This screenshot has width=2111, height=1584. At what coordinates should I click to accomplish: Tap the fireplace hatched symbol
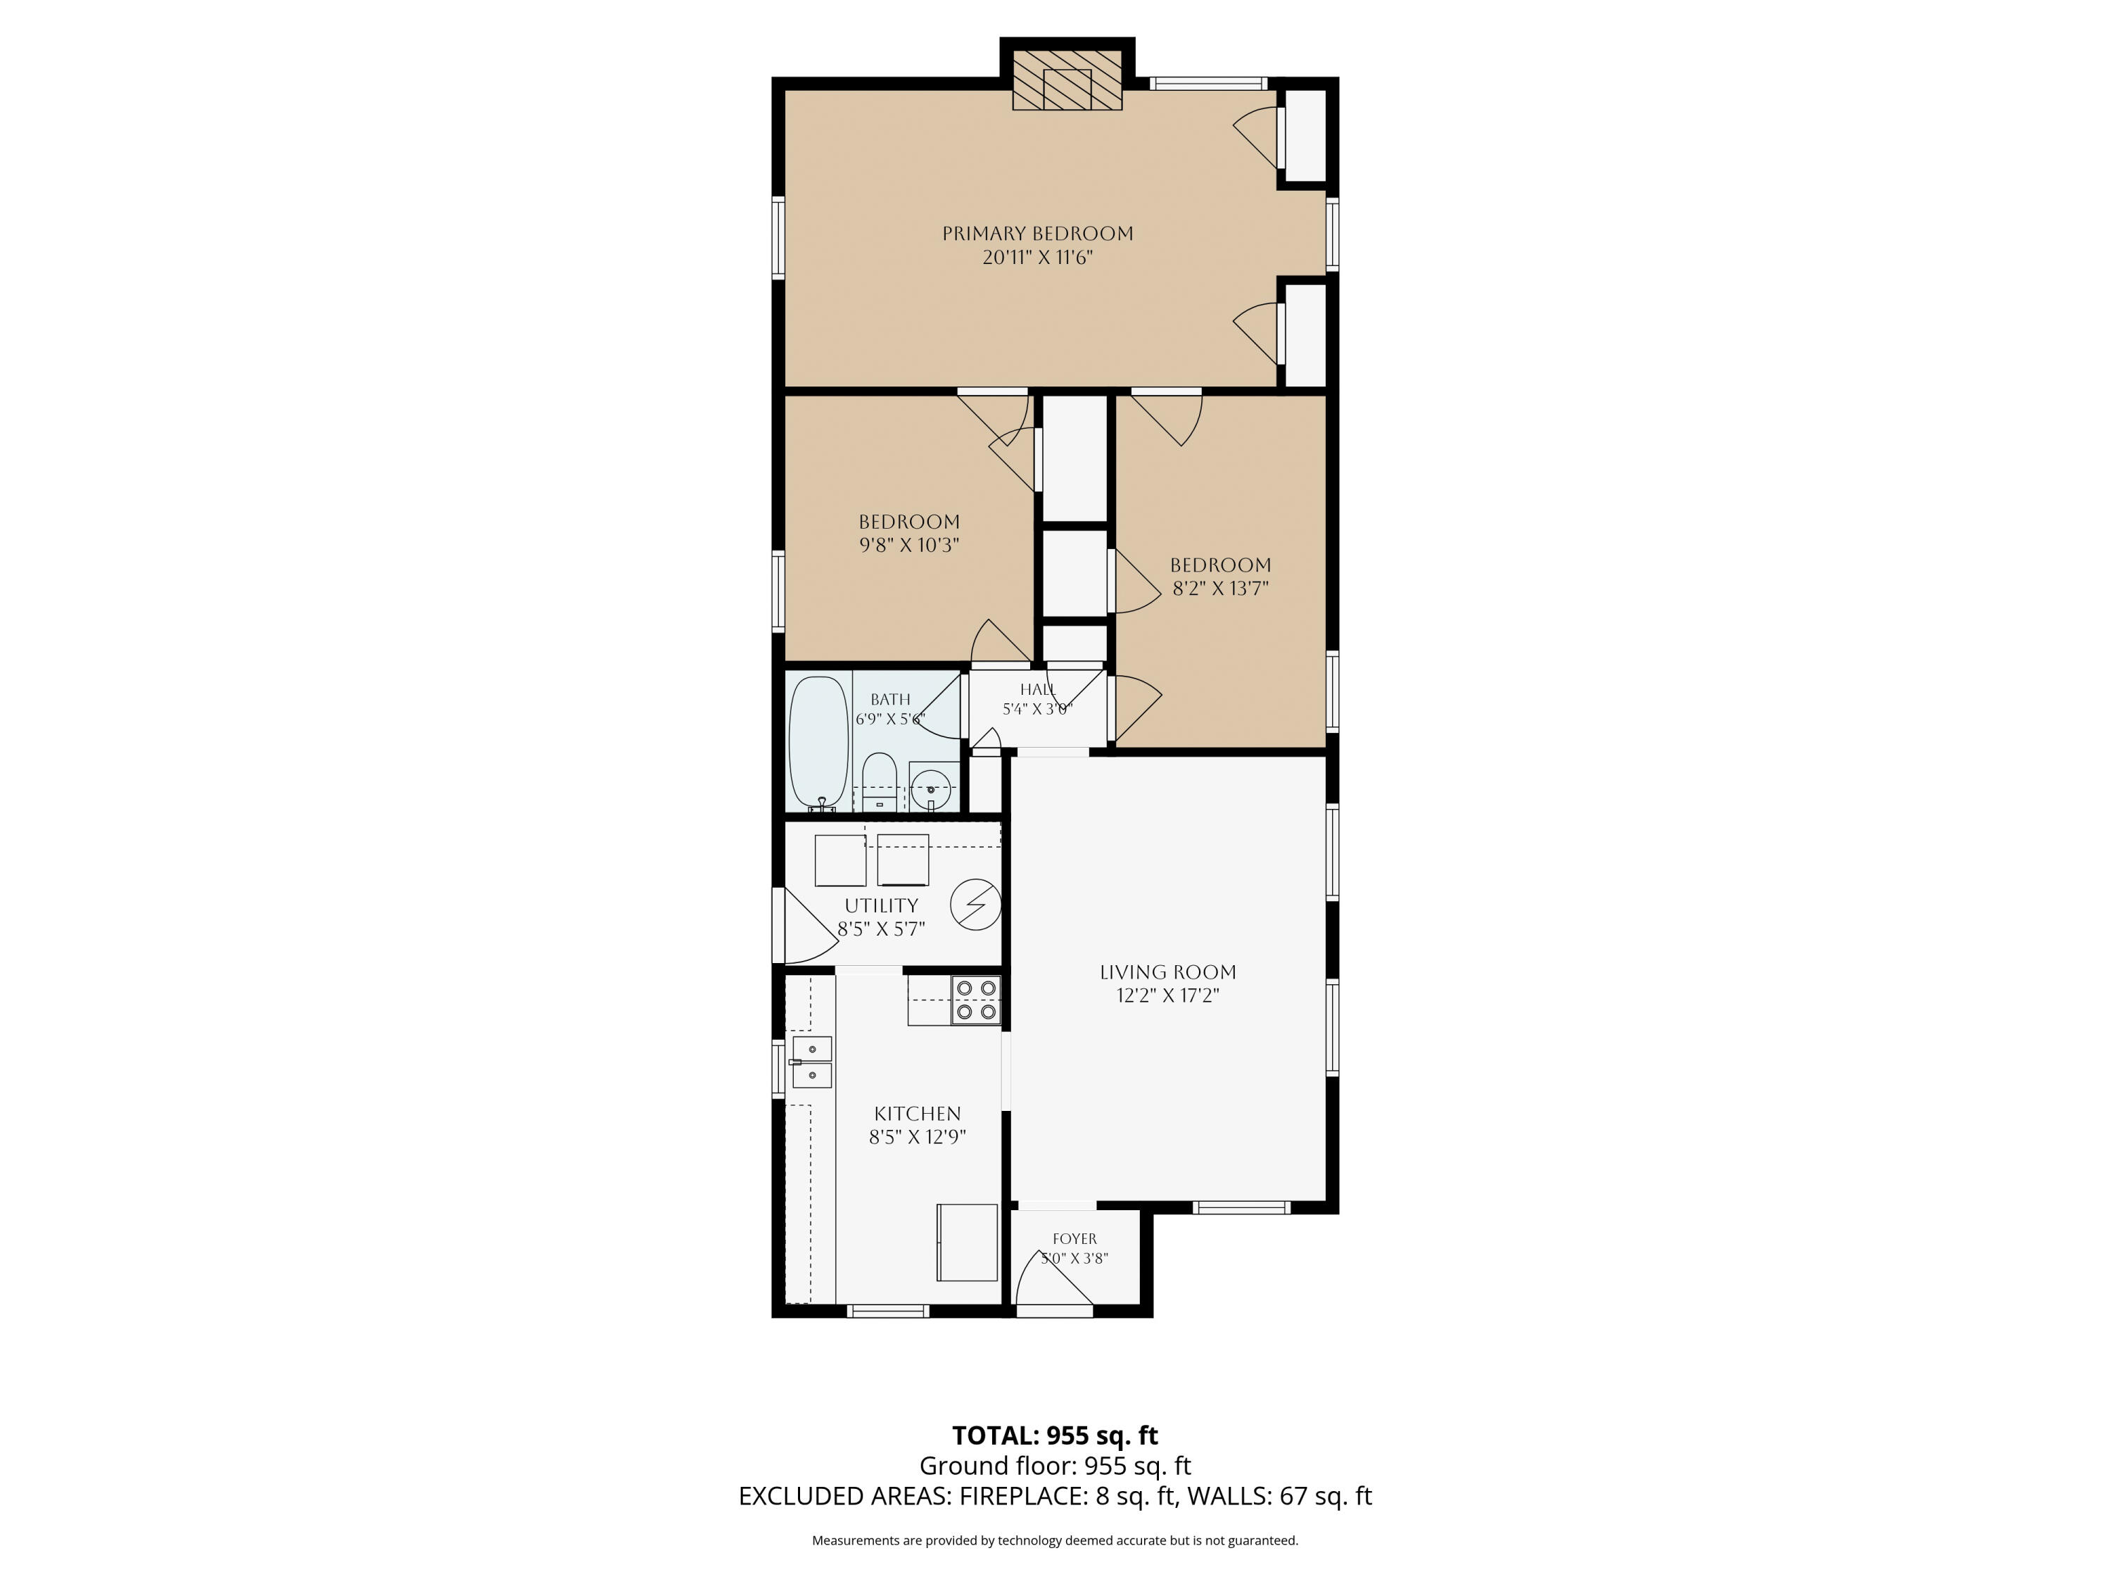pos(1067,80)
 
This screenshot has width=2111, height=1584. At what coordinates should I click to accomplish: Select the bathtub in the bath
pos(819,743)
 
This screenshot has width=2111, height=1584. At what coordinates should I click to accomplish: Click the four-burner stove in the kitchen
pos(975,1000)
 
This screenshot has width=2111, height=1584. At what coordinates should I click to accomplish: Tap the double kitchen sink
pos(812,1062)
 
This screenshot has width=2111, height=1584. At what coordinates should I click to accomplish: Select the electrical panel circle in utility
pos(975,903)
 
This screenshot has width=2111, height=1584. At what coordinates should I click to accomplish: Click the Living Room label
pos(1167,972)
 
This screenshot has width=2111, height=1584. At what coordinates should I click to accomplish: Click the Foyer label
pos(1074,1238)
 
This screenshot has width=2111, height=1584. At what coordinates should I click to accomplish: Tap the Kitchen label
pos(917,1113)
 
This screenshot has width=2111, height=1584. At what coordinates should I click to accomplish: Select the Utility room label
pos(881,905)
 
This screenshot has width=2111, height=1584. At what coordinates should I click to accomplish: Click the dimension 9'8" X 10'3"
pos(908,545)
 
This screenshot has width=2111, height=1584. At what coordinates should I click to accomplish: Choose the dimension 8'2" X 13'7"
pos(1221,588)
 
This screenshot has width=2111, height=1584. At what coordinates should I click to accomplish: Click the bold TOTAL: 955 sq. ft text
pos(1055,1435)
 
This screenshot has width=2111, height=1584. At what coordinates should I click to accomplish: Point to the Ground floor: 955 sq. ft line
pos(1055,1466)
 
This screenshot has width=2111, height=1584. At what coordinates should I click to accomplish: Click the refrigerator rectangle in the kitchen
pos(967,1242)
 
